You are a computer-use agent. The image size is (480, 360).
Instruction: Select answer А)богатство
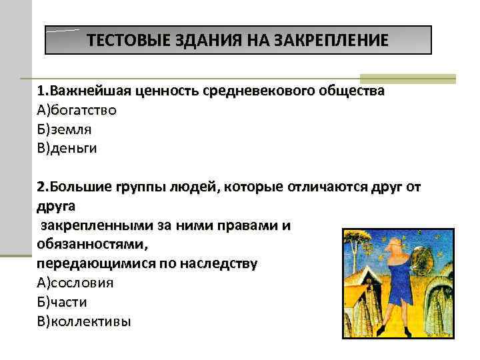77,109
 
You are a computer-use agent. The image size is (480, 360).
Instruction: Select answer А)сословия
75,283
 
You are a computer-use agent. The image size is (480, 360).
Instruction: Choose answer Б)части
63,302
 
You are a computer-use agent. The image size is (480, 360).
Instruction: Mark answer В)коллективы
85,321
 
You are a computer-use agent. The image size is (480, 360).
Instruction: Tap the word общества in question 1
353,90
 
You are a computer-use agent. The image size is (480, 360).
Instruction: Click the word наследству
214,263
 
